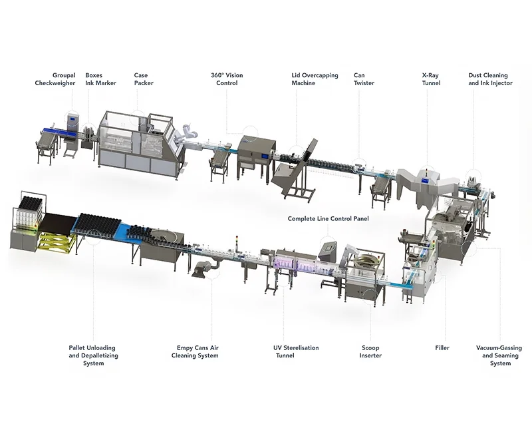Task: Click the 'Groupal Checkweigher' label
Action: [55, 79]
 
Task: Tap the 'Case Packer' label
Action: [144, 79]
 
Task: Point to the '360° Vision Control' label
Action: [227, 79]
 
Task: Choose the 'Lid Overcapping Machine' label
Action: [313, 79]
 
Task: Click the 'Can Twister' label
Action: [364, 79]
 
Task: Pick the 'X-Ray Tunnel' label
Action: [431, 79]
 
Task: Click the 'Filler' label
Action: [442, 347]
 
